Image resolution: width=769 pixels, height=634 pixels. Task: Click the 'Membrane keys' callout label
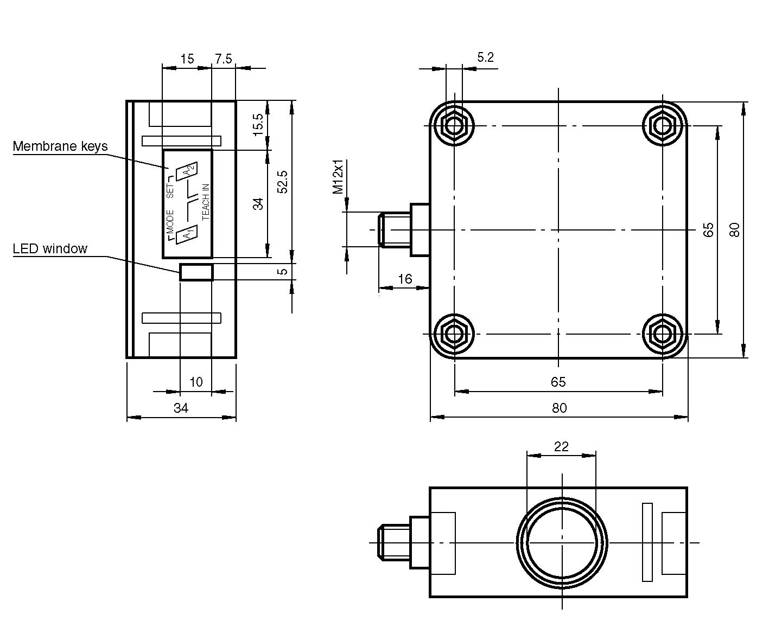[60, 146]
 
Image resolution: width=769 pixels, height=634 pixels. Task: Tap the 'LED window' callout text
[50, 248]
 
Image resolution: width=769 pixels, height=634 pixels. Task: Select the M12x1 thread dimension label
[338, 177]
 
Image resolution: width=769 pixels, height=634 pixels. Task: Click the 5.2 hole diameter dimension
[485, 57]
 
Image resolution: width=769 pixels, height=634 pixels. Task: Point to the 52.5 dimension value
[283, 182]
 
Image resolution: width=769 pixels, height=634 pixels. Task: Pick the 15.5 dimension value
[258, 125]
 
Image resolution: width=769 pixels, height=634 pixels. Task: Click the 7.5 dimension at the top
[224, 59]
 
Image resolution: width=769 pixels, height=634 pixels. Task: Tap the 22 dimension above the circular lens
[561, 446]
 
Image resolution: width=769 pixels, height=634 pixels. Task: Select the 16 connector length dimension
[405, 279]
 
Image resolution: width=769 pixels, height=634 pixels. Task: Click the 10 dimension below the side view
[196, 382]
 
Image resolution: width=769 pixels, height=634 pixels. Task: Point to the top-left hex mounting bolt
[454, 126]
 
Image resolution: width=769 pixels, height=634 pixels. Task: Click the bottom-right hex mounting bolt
[662, 334]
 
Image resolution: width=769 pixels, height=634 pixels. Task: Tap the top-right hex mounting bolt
[662, 126]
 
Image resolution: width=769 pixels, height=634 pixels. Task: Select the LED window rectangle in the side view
[196, 272]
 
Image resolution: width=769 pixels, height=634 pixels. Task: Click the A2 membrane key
[187, 171]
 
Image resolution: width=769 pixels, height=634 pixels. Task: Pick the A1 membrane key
[187, 234]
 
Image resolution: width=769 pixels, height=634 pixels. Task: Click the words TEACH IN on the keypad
[206, 202]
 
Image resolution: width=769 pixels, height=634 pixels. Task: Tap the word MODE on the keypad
[170, 222]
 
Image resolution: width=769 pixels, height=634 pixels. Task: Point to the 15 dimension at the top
[187, 59]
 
